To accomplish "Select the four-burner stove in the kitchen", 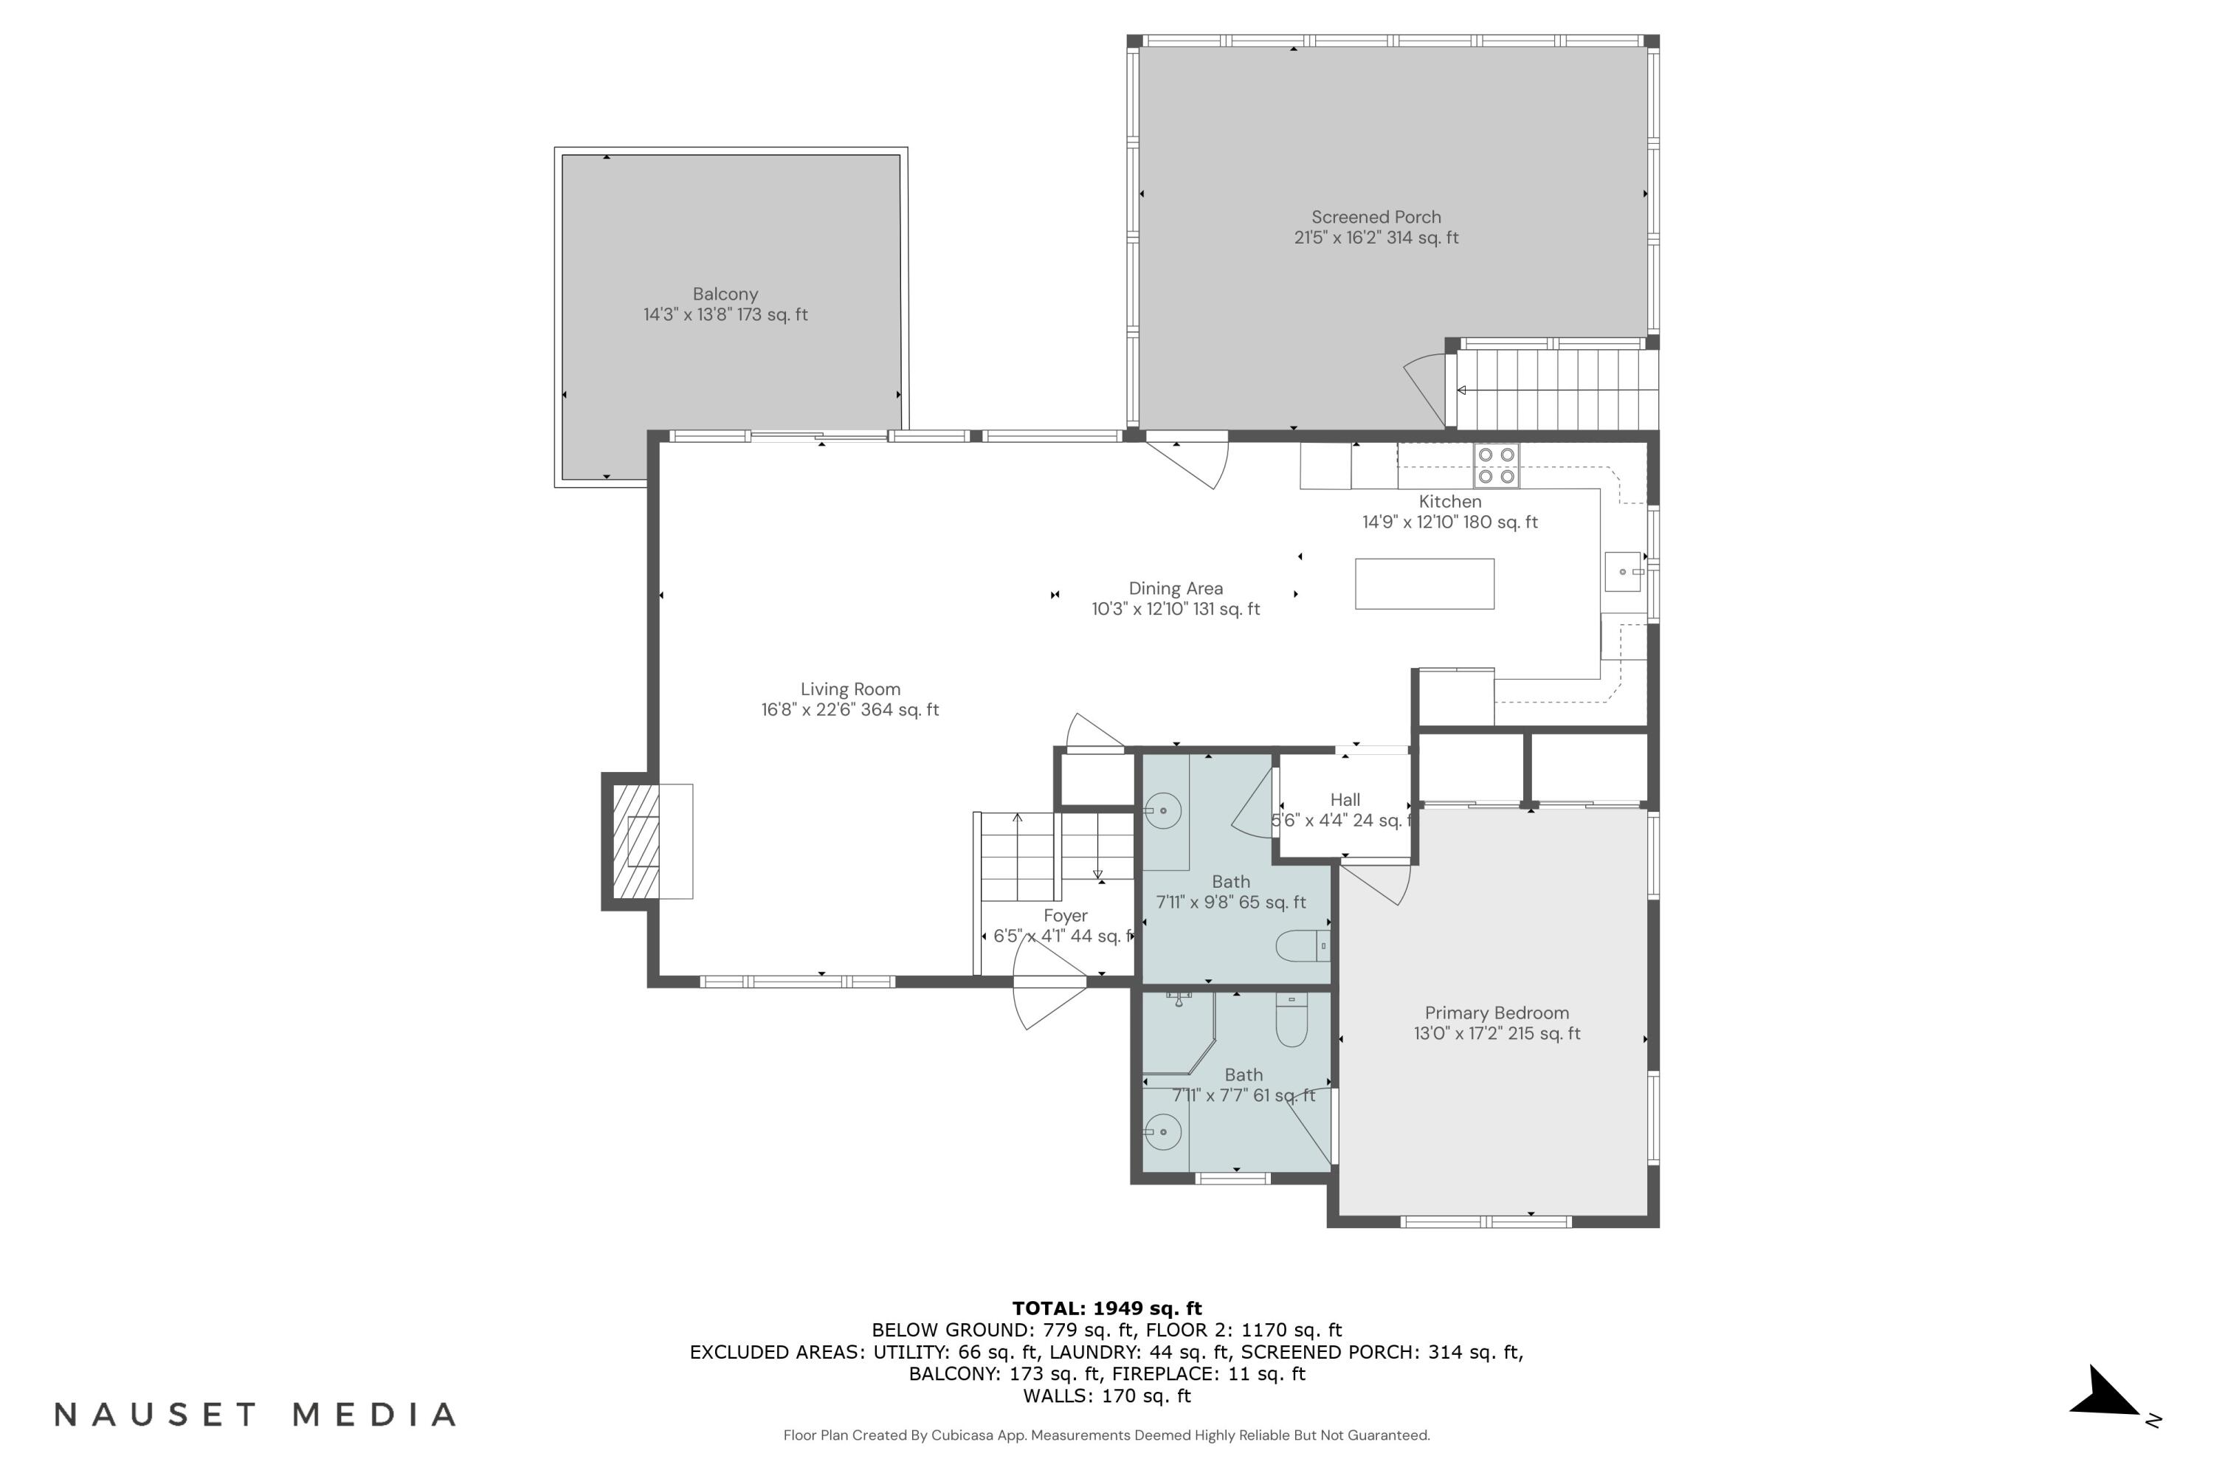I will click(x=1496, y=465).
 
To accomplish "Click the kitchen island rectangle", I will click(x=1424, y=584).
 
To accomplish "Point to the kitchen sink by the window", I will click(x=1623, y=571).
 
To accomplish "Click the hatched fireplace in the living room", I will click(x=636, y=841).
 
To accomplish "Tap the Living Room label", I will click(x=850, y=690).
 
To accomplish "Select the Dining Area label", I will click(x=1175, y=589).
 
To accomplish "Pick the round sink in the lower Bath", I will click(x=1164, y=1131).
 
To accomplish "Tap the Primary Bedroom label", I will click(x=1496, y=1013).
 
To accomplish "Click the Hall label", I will click(x=1344, y=800).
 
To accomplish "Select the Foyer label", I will click(x=1065, y=916).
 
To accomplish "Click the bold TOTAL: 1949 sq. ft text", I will click(x=1106, y=1308).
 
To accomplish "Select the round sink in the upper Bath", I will click(x=1165, y=810).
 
